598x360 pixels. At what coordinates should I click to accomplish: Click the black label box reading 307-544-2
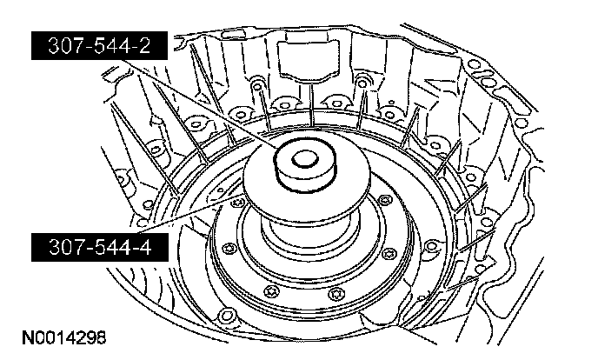pyautogui.click(x=99, y=46)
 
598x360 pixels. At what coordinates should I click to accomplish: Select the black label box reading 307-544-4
pyautogui.click(x=100, y=247)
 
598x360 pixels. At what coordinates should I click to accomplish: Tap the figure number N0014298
pyautogui.click(x=64, y=338)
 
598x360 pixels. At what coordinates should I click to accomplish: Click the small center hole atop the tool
pyautogui.click(x=305, y=158)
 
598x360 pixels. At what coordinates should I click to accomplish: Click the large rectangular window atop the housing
pyautogui.click(x=309, y=60)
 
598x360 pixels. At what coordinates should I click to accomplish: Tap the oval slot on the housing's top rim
pyautogui.click(x=229, y=35)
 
